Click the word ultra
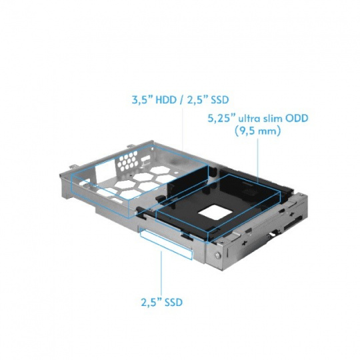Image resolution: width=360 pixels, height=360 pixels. [250, 119]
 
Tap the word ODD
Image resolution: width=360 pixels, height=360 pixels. [297, 119]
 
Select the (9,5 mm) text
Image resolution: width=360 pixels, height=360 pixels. [257, 131]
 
